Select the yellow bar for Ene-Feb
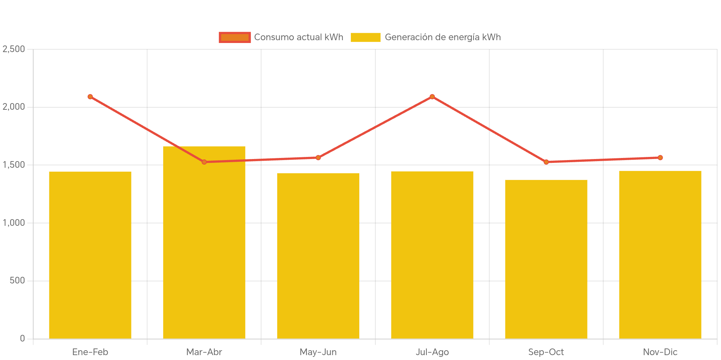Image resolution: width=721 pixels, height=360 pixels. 90,255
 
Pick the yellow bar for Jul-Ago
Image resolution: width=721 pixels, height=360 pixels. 432,255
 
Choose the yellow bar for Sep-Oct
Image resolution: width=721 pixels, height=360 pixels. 546,259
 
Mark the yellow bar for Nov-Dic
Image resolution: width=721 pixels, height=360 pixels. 660,255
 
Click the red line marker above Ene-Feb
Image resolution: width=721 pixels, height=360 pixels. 90,97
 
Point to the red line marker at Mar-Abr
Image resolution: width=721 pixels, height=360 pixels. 204,162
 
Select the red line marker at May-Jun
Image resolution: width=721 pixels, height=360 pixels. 318,158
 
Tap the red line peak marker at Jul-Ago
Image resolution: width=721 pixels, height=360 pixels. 432,97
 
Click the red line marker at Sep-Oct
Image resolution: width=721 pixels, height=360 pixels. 546,162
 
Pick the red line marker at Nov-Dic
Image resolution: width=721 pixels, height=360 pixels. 660,158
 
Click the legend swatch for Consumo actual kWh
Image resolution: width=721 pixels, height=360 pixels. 235,37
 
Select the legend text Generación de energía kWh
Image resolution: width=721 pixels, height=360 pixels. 442,37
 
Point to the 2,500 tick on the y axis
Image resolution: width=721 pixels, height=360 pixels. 14,49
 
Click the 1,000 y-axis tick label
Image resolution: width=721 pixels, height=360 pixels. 14,223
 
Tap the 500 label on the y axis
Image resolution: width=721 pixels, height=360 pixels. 17,280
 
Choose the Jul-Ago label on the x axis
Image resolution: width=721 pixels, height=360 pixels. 432,352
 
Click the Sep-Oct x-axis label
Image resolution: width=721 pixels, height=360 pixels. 546,352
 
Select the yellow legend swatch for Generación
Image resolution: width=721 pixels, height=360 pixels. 365,37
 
